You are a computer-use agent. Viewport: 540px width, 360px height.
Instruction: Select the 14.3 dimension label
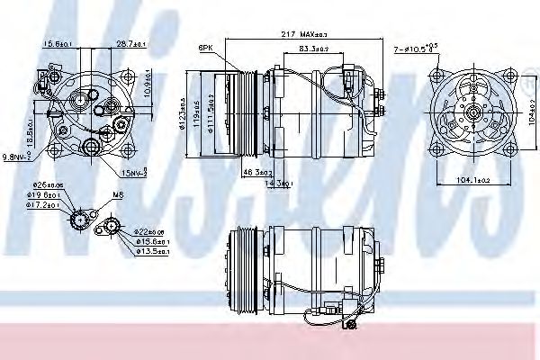pyautogui.click(x=270, y=184)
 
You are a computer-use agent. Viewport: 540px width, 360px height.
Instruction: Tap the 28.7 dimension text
pyautogui.click(x=132, y=43)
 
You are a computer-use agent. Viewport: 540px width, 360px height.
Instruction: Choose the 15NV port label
pyautogui.click(x=133, y=171)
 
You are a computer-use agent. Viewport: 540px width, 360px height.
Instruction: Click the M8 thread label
pyautogui.click(x=118, y=193)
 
